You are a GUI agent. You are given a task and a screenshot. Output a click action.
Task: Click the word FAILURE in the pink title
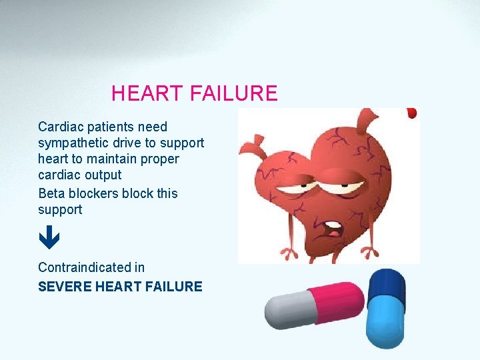pos(233,93)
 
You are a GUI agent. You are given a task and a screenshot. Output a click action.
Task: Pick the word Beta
pos(51,193)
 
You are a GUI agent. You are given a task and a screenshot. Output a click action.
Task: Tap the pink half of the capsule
pos(333,303)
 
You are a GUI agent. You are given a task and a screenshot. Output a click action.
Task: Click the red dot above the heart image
pos(411,113)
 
